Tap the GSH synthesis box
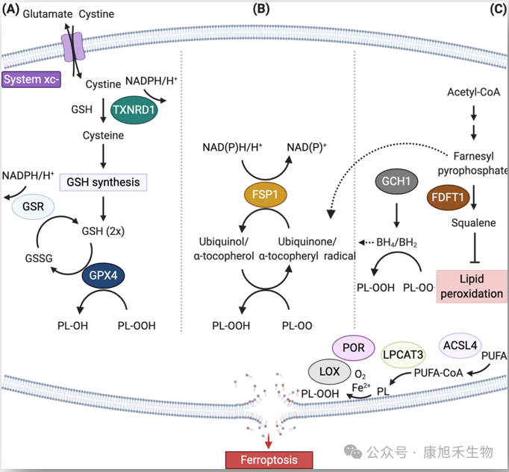[103, 181]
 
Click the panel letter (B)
[261, 9]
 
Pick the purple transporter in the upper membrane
[73, 45]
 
